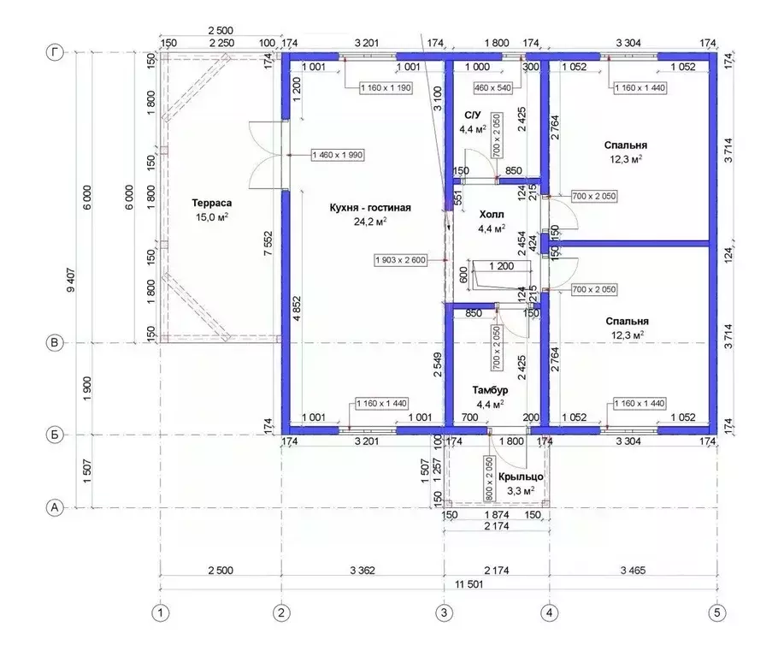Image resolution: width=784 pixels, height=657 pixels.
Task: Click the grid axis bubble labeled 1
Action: [161, 613]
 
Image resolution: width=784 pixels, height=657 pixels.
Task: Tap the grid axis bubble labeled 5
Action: [717, 613]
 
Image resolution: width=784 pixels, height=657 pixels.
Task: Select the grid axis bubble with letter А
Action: [55, 508]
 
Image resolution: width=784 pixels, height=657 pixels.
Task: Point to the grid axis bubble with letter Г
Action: [55, 52]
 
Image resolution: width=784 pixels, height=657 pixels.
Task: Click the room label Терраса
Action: [211, 203]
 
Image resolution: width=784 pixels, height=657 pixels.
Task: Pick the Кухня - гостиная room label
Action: [370, 207]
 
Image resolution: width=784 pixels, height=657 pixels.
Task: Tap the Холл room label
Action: [492, 215]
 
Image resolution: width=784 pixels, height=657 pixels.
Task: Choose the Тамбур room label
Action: [490, 390]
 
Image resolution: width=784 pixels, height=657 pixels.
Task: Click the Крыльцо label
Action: [521, 476]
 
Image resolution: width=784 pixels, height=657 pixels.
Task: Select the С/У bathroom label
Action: [472, 115]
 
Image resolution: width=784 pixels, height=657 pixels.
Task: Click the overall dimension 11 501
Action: [469, 584]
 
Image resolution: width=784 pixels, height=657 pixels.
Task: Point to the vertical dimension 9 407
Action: [70, 281]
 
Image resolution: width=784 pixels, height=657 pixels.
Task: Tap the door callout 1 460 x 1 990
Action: [338, 155]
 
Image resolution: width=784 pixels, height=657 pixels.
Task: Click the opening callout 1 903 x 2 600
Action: [400, 260]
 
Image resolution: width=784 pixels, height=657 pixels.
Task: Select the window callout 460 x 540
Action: [492, 88]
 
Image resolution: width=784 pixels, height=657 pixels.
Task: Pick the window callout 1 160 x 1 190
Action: [386, 88]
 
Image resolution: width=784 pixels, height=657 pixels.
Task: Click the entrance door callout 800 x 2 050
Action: [489, 478]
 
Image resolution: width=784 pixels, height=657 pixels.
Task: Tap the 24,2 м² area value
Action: [370, 222]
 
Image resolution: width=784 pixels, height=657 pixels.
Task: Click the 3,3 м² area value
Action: [521, 491]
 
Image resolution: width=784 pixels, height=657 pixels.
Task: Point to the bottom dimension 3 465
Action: [633, 570]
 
